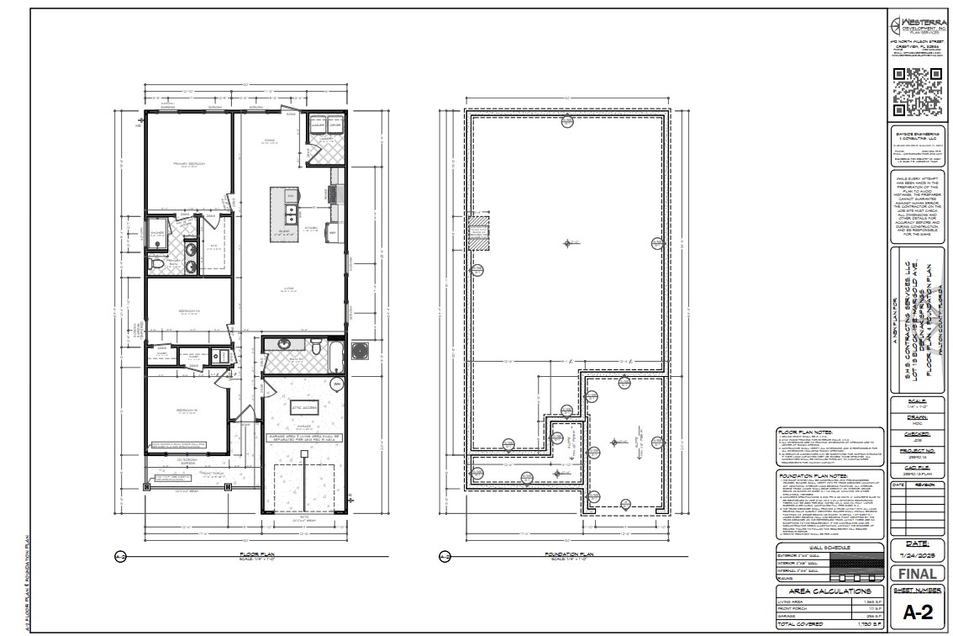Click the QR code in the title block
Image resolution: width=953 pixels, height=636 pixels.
click(917, 91)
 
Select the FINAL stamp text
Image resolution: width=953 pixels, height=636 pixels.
click(917, 575)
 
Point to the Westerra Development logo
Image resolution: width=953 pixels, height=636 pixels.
click(917, 30)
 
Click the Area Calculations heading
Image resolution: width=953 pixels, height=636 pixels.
click(830, 591)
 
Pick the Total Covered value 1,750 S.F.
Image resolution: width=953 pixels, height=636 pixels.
click(871, 624)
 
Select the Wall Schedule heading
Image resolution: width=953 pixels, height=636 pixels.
click(830, 548)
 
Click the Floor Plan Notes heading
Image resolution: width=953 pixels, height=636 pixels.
click(804, 430)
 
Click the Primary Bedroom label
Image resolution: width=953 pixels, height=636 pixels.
click(189, 163)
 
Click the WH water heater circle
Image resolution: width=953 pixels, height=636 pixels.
click(338, 384)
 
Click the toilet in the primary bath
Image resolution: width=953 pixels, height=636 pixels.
click(157, 265)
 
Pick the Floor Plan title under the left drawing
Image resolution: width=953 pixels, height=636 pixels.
click(252, 554)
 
